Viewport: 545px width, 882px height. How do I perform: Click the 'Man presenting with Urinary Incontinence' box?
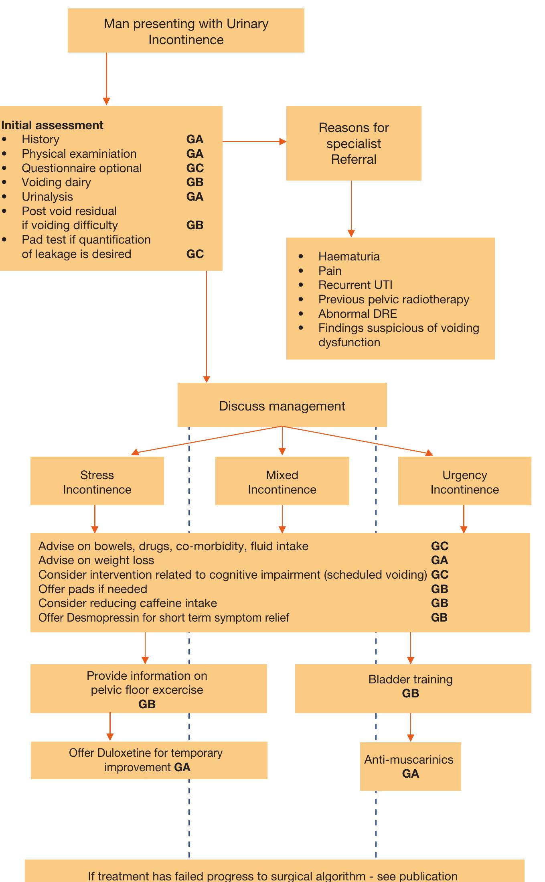pos(186,31)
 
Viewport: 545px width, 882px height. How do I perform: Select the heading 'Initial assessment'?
pos(52,125)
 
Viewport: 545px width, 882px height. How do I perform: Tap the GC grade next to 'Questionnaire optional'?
pos(195,168)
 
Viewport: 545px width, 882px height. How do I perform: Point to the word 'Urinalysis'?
pos(47,197)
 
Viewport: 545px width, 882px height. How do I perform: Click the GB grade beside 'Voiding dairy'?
pos(195,182)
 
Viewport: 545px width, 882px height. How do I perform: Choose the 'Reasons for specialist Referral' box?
pos(353,143)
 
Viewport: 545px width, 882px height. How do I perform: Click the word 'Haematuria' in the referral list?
pos(349,256)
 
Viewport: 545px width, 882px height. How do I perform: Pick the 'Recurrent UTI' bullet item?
pos(355,285)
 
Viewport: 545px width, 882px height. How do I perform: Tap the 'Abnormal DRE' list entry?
pos(357,314)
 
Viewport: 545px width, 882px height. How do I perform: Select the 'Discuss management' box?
pos(282,406)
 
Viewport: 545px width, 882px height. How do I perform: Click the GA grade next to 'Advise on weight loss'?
pos(440,560)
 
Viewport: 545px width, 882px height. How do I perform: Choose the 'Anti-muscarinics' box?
pos(410,766)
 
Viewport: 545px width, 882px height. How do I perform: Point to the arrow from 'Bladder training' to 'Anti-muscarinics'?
pos(410,727)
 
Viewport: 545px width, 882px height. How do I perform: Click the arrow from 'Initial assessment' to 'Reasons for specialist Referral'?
pos(254,142)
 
